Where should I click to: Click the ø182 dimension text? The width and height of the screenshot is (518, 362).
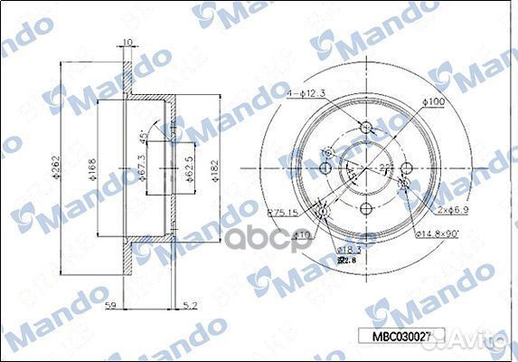[x=214, y=169]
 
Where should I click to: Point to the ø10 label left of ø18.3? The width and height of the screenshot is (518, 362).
[x=303, y=234]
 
